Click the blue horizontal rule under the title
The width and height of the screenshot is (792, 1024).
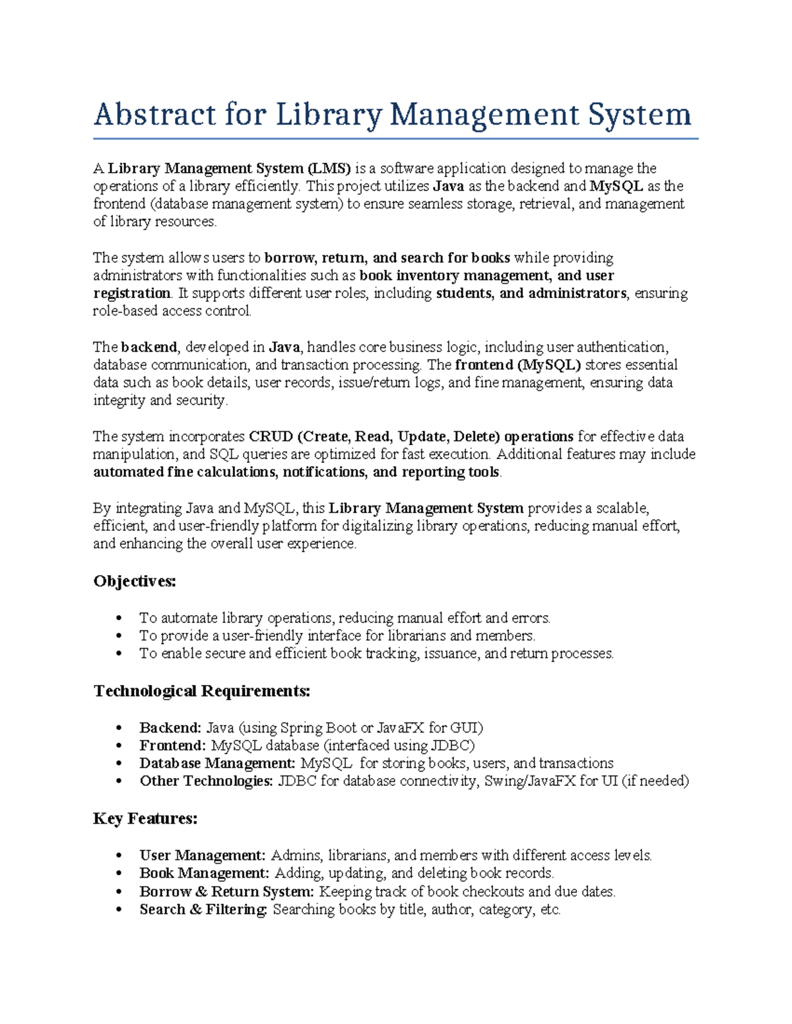pos(395,139)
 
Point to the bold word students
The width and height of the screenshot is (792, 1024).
pos(464,293)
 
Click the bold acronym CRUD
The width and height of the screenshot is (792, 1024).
pos(271,437)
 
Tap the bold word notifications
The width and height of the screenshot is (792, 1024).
pos(324,472)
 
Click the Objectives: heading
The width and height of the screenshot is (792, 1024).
pos(135,581)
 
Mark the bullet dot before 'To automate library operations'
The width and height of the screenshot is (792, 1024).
pos(119,618)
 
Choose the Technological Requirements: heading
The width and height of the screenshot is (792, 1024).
pos(202,691)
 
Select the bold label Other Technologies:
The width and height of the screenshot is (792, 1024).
pos(206,781)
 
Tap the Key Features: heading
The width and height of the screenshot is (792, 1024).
pos(145,818)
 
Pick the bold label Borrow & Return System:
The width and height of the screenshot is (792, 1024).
pos(226,891)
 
